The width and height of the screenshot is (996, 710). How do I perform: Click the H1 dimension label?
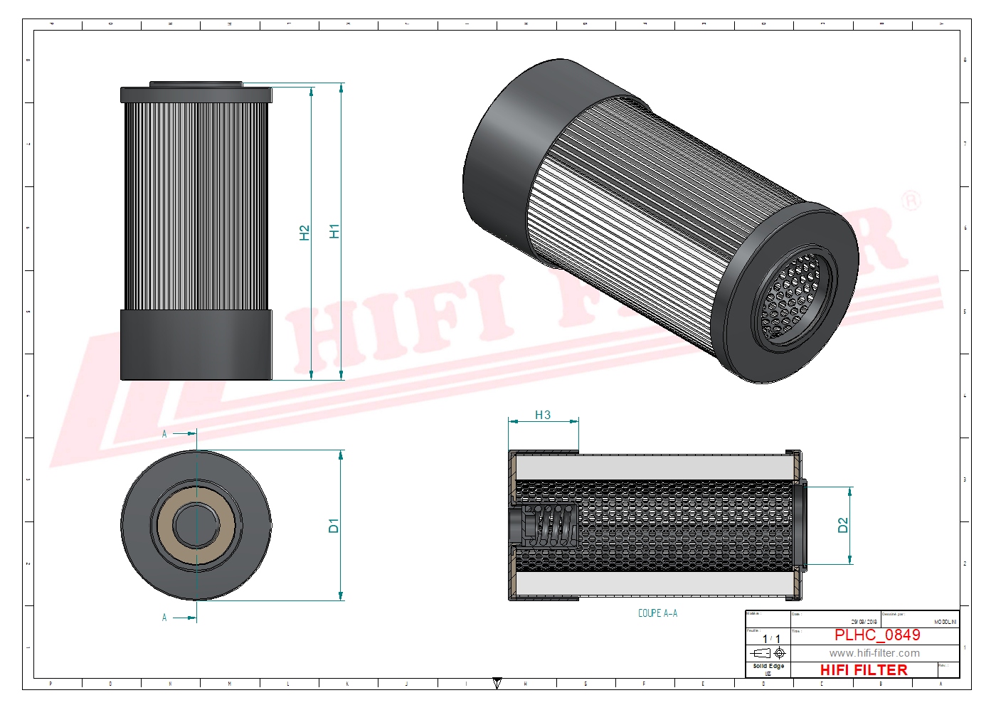(x=334, y=231)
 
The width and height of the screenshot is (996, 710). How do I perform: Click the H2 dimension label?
(x=304, y=233)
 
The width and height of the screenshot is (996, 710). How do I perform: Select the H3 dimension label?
(x=542, y=415)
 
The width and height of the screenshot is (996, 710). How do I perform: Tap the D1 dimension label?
(x=333, y=526)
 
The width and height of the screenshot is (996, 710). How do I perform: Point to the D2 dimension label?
(x=843, y=525)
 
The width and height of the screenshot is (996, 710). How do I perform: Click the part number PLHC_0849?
(x=877, y=635)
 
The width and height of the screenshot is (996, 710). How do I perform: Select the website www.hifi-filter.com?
(x=874, y=653)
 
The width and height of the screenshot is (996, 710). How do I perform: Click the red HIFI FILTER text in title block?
(x=864, y=670)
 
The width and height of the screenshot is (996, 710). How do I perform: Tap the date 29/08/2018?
(x=864, y=622)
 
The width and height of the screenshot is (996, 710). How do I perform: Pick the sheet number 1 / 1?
(x=771, y=639)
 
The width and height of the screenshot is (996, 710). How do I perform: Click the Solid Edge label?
(x=768, y=667)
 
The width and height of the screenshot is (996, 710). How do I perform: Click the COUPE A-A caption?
(x=657, y=613)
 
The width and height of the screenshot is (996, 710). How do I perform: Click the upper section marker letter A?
(x=164, y=433)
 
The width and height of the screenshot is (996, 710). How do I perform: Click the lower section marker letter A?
(x=164, y=618)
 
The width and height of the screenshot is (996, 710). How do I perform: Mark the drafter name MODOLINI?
(x=945, y=622)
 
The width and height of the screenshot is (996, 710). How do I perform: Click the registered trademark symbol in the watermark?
(x=911, y=201)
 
